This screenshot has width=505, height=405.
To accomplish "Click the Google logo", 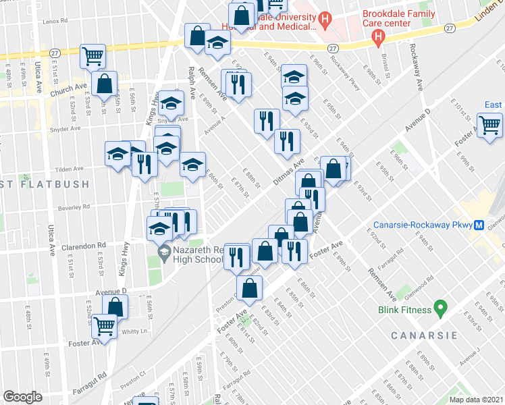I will click(x=22, y=397).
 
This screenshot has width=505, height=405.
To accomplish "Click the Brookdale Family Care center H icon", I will click(x=379, y=34).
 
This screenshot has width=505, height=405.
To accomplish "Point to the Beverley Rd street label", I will click(x=74, y=207).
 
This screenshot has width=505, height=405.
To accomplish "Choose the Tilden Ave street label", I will click(x=69, y=169).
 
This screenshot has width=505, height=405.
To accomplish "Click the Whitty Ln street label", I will click(x=134, y=331).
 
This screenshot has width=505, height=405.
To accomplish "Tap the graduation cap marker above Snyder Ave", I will click(x=171, y=103).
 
